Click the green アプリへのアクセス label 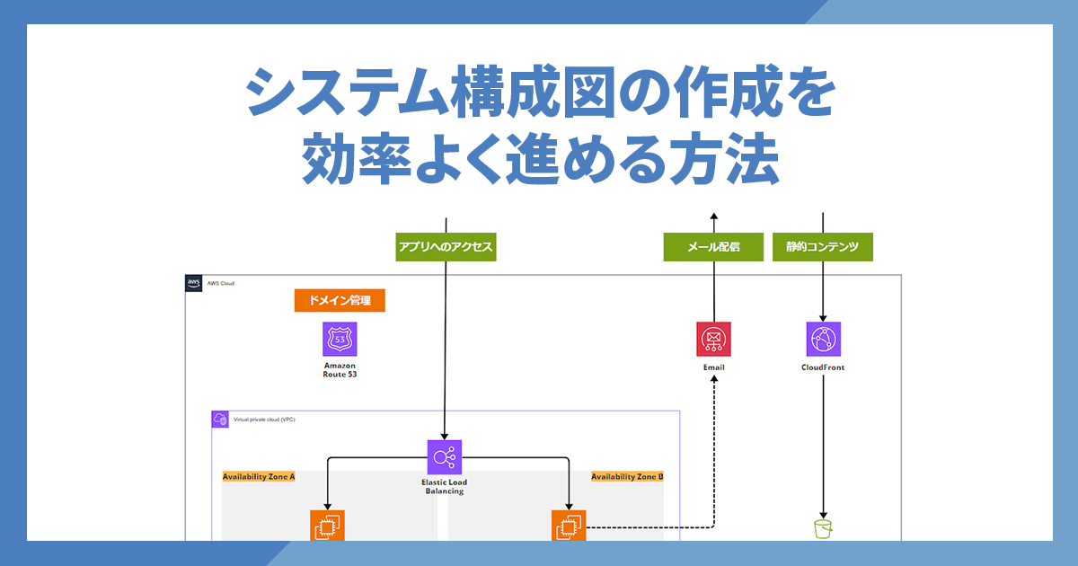click(446, 247)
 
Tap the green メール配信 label click(713, 247)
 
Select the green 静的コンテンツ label click(823, 247)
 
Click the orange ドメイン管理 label click(340, 300)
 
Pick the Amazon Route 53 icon click(340, 340)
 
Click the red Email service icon click(713, 340)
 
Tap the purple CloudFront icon click(823, 340)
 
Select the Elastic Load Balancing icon click(445, 457)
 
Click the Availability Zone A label click(259, 477)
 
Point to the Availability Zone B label click(627, 477)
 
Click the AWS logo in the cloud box click(194, 283)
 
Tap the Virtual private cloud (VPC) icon click(219, 420)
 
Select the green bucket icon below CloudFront click(823, 528)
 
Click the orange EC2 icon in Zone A click(327, 526)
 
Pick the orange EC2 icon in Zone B click(569, 526)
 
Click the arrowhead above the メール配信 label click(713, 217)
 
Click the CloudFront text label click(823, 367)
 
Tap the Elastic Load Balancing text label click(445, 487)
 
